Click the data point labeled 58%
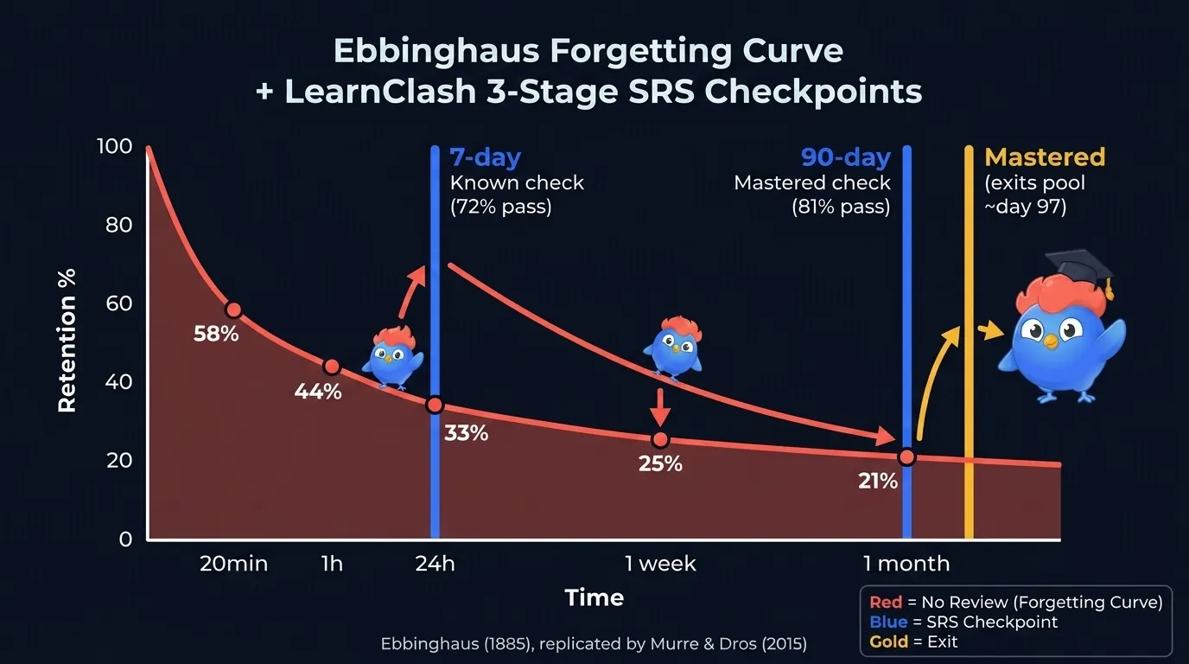(232, 310)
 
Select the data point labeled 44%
(331, 367)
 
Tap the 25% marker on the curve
(660, 440)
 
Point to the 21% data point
(906, 457)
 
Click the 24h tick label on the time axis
(435, 565)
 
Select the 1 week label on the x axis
(660, 565)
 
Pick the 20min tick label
(233, 565)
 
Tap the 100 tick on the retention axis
(115, 146)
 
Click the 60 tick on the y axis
(119, 303)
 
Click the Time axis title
(594, 597)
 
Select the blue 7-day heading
(485, 157)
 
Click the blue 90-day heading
(845, 157)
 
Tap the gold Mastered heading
(1045, 157)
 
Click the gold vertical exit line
(969, 346)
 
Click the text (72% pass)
(500, 207)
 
